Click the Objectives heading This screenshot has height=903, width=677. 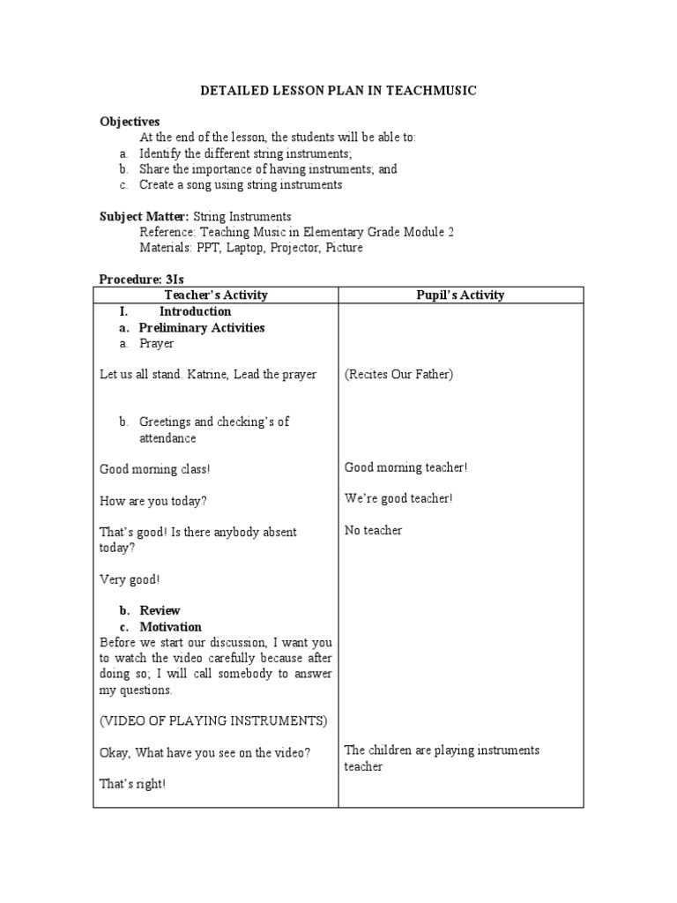pyautogui.click(x=130, y=122)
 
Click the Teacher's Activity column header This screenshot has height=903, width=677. pyautogui.click(x=216, y=295)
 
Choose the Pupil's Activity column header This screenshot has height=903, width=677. pyautogui.click(x=460, y=295)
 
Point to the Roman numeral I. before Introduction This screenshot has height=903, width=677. pyautogui.click(x=124, y=311)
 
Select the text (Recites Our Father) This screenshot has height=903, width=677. pyautogui.click(x=398, y=375)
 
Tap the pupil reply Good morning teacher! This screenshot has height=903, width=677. pyautogui.click(x=405, y=467)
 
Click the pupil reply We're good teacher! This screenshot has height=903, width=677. pyautogui.click(x=398, y=499)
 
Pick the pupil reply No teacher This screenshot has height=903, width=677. pyautogui.click(x=373, y=531)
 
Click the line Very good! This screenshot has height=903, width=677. pyautogui.click(x=130, y=579)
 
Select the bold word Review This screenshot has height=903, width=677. pyautogui.click(x=160, y=610)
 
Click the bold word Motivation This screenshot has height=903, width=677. pyautogui.click(x=170, y=627)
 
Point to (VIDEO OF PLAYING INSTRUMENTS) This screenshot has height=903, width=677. pyautogui.click(x=213, y=721)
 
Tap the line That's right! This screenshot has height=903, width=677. pyautogui.click(x=132, y=783)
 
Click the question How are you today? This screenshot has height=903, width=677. pyautogui.click(x=153, y=501)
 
